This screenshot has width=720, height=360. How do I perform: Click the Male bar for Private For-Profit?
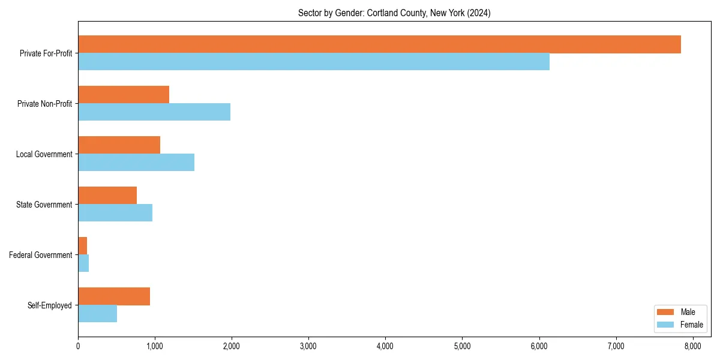point(379,44)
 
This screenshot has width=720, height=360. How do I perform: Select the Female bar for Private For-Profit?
point(314,62)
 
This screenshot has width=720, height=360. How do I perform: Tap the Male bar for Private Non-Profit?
point(124,95)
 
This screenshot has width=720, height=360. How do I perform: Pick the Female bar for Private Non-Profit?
point(154,112)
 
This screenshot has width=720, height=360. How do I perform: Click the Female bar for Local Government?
point(136,163)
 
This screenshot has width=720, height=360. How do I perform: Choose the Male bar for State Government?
point(107,196)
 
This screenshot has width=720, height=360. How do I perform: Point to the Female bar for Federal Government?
point(83,263)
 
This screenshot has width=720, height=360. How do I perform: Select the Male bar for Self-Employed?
point(114,296)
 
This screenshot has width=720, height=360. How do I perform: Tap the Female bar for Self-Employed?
point(97,314)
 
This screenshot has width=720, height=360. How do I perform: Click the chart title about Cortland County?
point(394,13)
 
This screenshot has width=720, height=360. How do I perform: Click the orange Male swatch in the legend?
point(666,312)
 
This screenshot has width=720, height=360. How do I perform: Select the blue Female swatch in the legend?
point(666,325)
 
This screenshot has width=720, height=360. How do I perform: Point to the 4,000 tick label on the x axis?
point(385,346)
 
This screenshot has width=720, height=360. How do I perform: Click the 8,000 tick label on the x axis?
point(692,346)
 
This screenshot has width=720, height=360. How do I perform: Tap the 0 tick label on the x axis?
point(78,346)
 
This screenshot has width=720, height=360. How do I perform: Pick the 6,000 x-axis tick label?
point(539,346)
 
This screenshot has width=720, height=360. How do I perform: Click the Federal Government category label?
point(41,255)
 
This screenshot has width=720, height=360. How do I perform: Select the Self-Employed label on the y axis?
point(50,305)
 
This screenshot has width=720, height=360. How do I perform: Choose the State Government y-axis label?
point(44,205)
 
